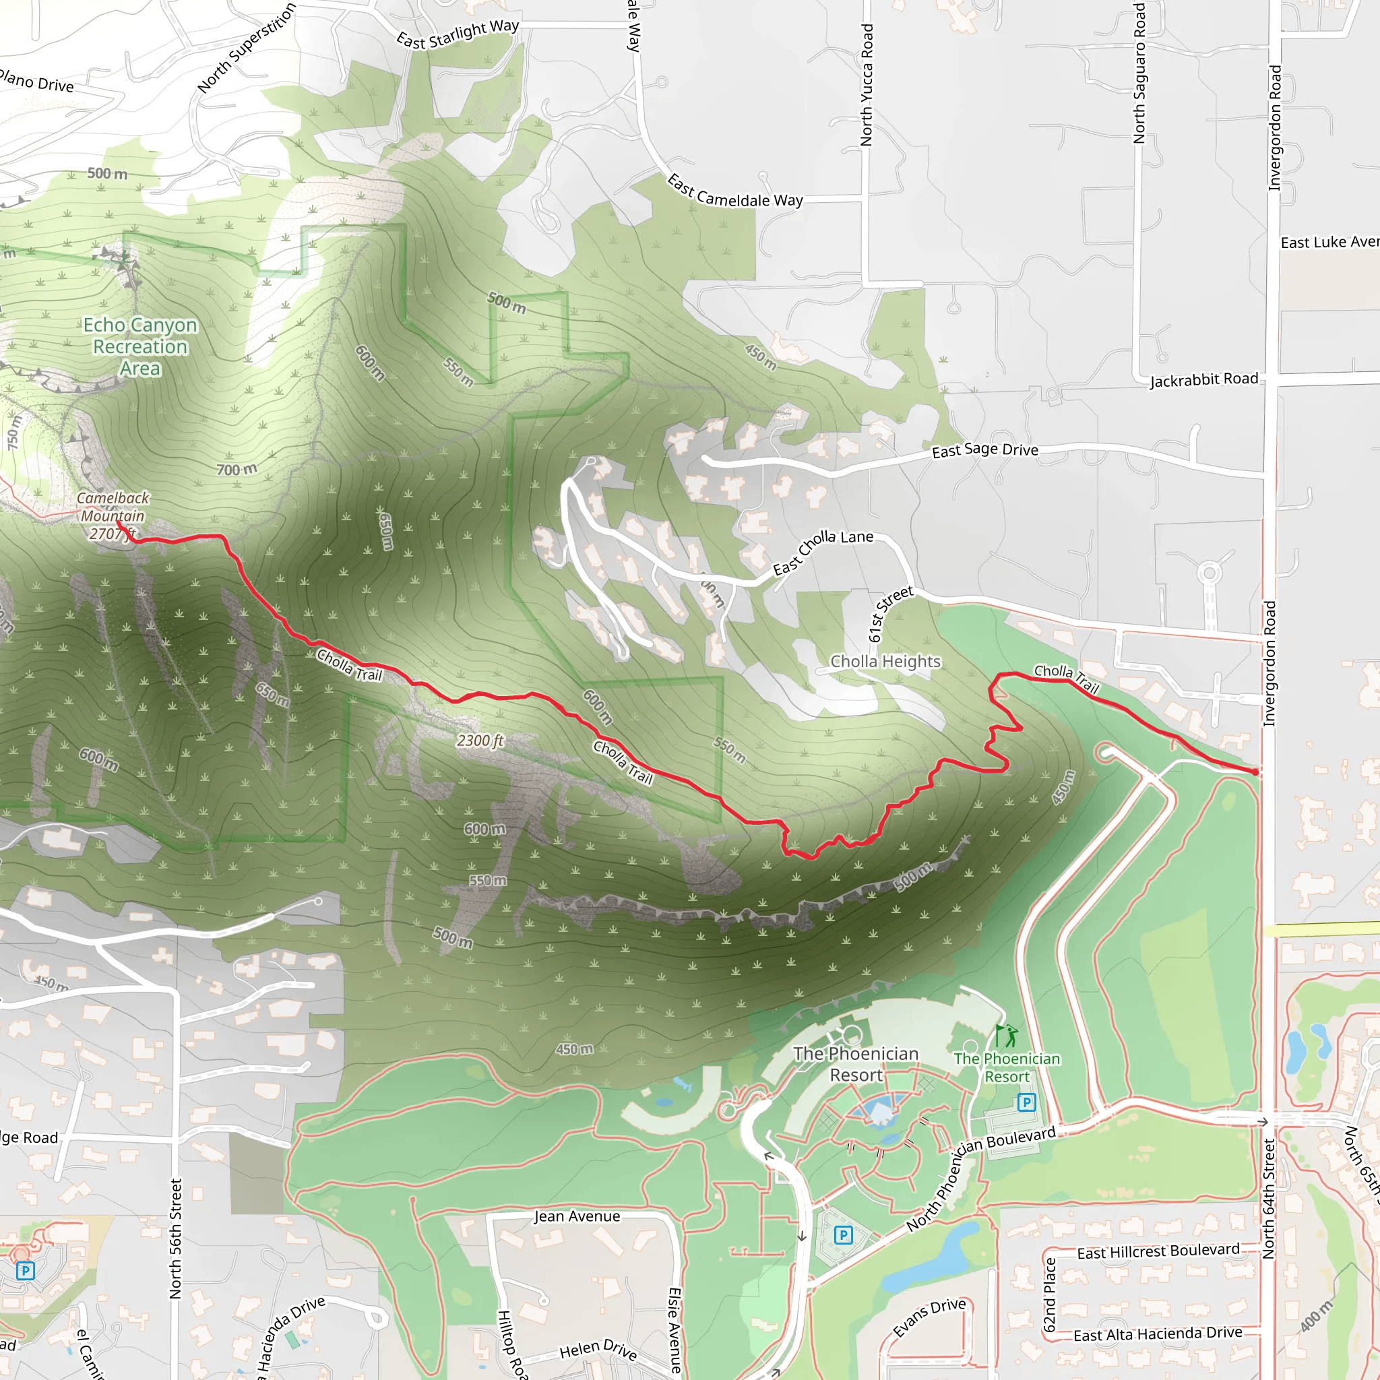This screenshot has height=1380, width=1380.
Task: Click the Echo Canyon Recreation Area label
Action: coord(140,346)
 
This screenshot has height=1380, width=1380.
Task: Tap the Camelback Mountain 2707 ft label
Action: coord(113,515)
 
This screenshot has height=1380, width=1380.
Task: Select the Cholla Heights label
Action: coord(885,662)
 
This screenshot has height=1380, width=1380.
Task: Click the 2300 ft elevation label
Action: coord(480,741)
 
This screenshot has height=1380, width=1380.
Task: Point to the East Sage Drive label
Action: coord(984,450)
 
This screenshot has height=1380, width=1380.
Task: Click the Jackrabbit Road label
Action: coord(1203,379)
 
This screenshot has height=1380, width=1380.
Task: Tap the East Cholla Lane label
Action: coord(823,551)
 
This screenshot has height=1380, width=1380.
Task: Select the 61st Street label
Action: coord(890,614)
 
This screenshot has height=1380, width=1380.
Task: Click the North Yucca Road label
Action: coord(867,85)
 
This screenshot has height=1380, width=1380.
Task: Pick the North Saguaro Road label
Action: coord(1139,73)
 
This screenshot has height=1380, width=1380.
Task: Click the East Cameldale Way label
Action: coord(734,191)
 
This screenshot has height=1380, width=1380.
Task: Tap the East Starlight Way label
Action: coord(458,34)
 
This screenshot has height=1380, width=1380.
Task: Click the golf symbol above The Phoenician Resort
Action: coord(1006,1035)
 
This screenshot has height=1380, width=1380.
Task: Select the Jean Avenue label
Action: coord(576,1216)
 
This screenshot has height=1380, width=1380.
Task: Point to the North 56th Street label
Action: coord(176,1238)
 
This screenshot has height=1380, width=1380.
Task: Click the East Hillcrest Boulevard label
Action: coord(1158,1251)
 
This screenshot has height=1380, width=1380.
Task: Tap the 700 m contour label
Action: coord(237,469)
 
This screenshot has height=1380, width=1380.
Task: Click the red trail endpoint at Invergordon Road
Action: coord(1255,772)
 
